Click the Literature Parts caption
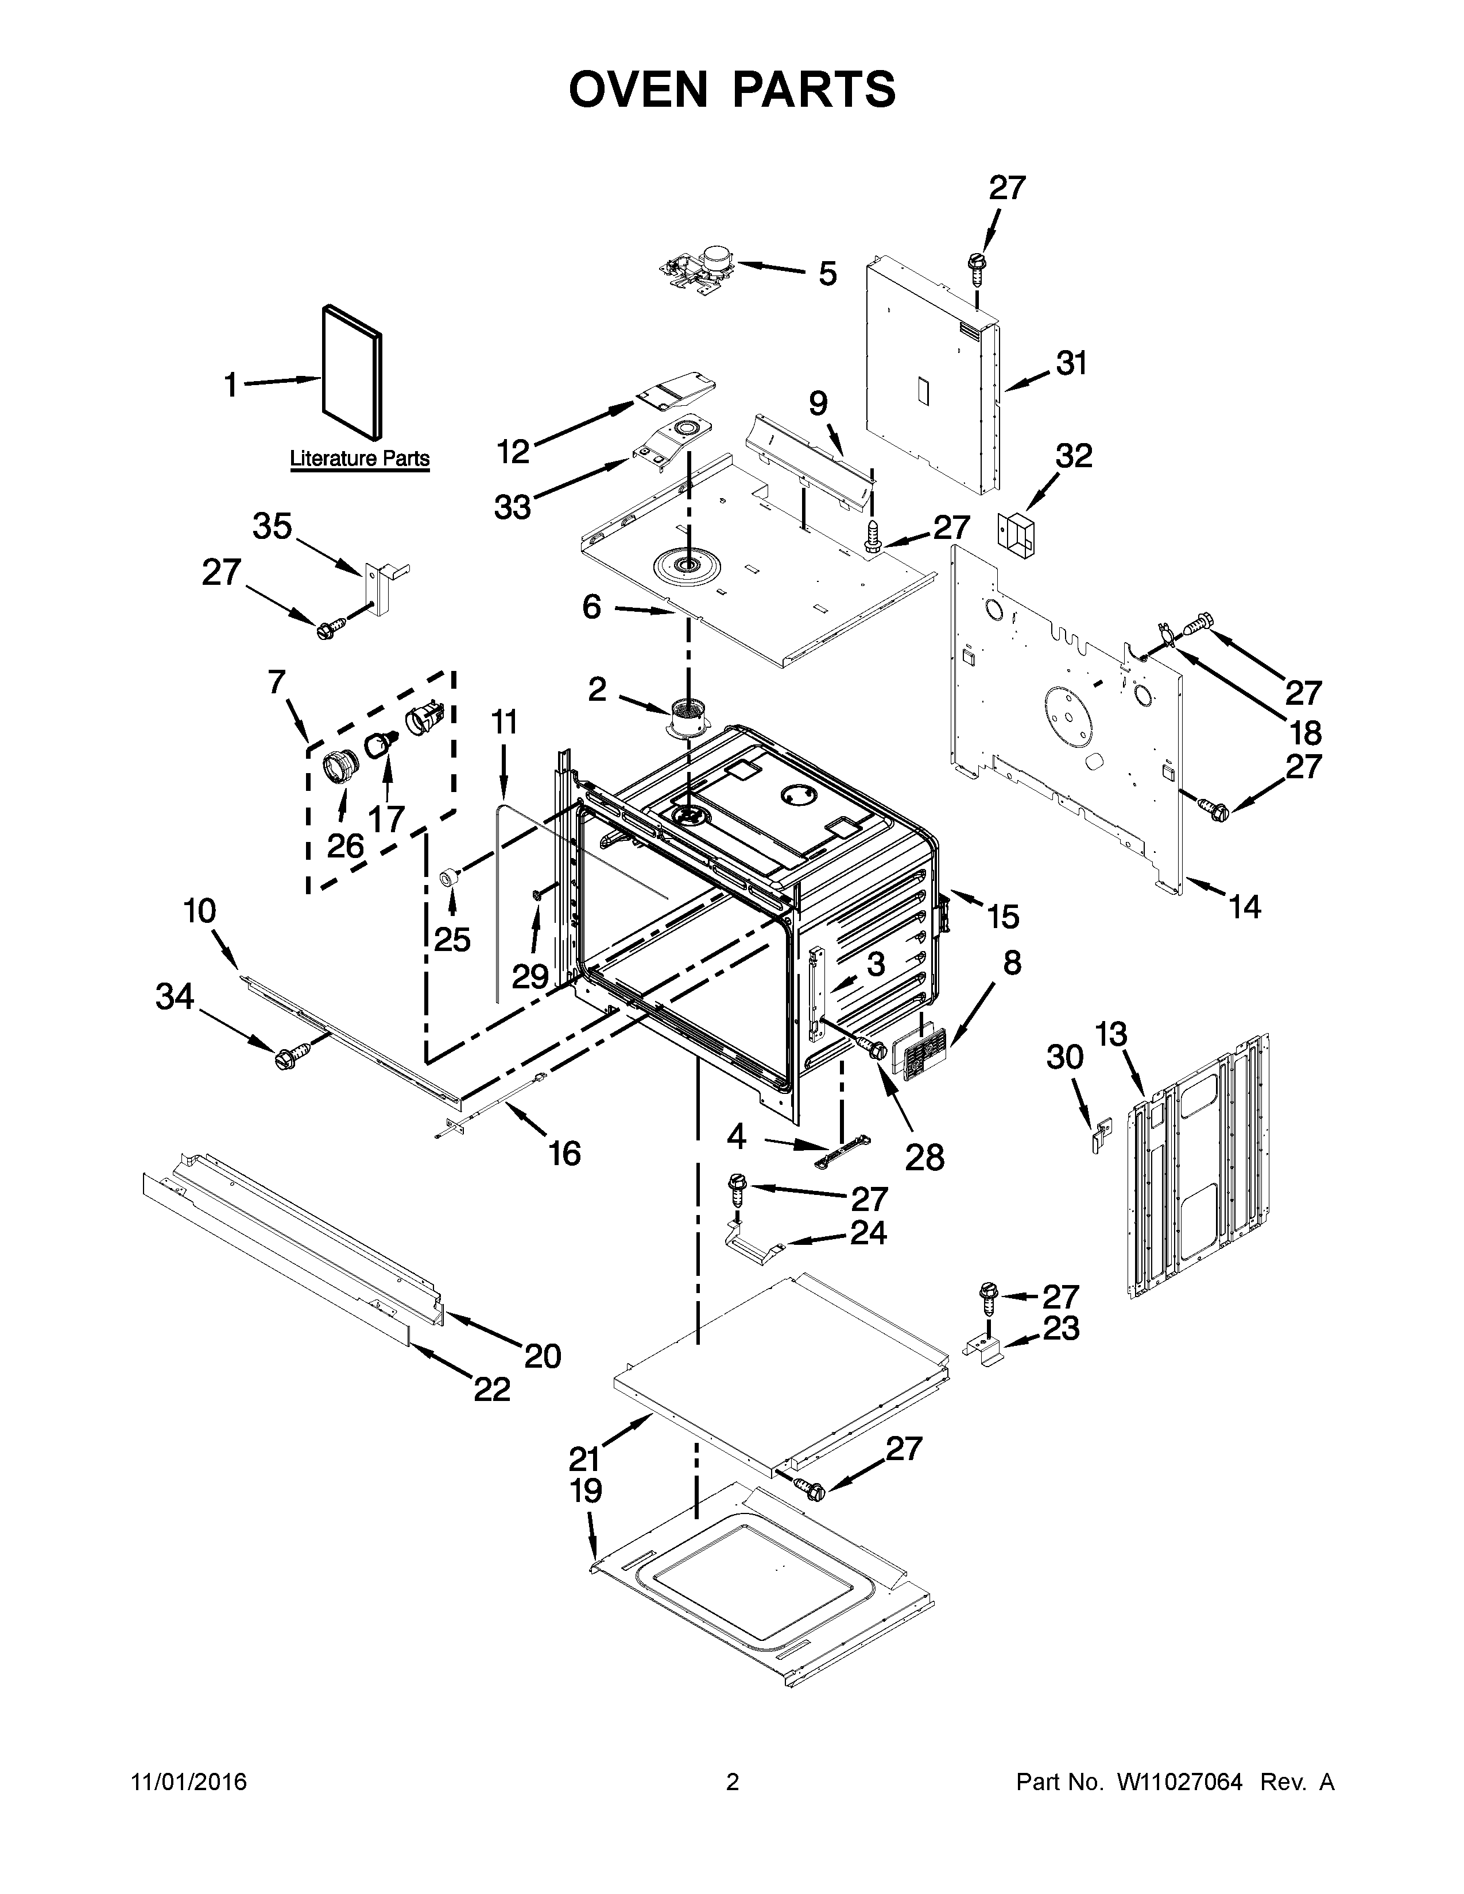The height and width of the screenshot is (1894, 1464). [x=359, y=458]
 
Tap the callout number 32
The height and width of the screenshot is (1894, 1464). [x=1073, y=456]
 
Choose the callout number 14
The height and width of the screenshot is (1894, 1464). [x=1245, y=907]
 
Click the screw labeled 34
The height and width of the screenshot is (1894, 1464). [x=284, y=1058]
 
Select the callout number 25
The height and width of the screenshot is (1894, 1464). [x=452, y=938]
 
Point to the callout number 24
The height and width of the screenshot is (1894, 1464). [x=868, y=1232]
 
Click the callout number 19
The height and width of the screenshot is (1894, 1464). [x=586, y=1491]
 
